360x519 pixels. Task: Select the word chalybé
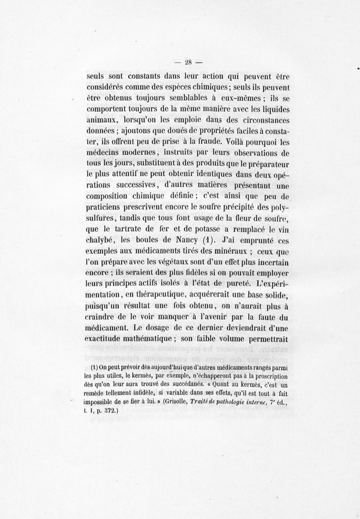tap(101, 240)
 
